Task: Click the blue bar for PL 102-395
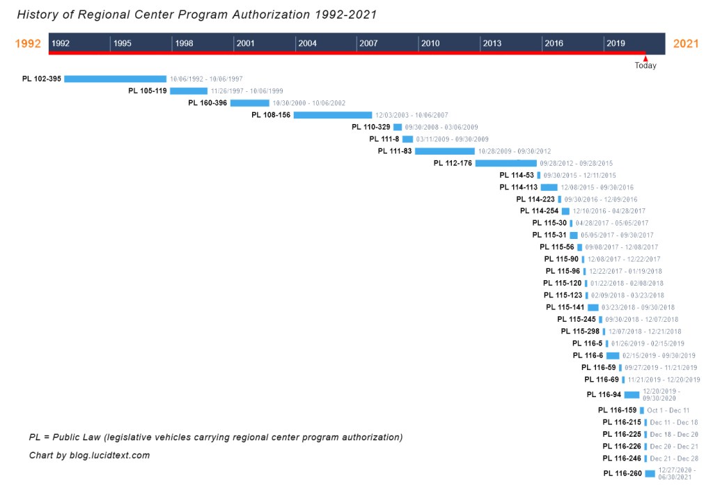[x=115, y=79]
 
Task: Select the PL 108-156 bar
[x=333, y=115]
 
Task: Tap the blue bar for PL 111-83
[x=444, y=150]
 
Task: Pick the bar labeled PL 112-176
[x=506, y=163]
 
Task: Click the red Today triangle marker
[x=645, y=59]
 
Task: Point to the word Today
[x=645, y=66]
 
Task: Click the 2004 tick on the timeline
[x=307, y=43]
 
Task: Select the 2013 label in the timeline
[x=492, y=43]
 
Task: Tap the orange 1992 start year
[x=29, y=44]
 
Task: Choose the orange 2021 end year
[x=686, y=44]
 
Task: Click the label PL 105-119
[x=148, y=91]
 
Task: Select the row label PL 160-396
[x=207, y=103]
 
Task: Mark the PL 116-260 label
[x=622, y=474]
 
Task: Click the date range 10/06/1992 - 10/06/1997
[x=206, y=79]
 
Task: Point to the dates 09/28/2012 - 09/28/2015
[x=577, y=164]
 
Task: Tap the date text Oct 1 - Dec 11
[x=668, y=410]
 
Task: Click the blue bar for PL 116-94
[x=632, y=395]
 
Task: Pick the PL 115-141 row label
[x=565, y=307]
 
